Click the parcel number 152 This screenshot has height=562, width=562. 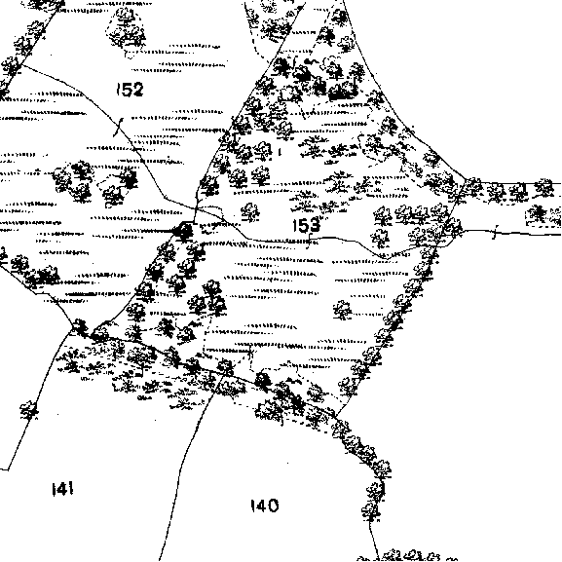click(x=130, y=89)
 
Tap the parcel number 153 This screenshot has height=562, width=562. click(x=307, y=225)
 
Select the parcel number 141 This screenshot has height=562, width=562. click(x=63, y=489)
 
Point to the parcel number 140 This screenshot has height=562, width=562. click(x=265, y=506)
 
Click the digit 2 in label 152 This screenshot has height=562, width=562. click(x=137, y=89)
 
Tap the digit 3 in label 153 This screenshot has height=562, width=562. click(x=315, y=225)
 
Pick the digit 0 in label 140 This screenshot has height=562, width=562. click(x=273, y=506)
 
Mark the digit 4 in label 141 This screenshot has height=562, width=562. click(x=63, y=489)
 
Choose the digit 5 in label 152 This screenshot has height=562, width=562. click(x=126, y=90)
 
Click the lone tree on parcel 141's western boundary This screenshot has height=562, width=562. click(x=29, y=410)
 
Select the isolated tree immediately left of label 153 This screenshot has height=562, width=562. click(x=249, y=211)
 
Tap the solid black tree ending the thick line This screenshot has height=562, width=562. click(x=184, y=231)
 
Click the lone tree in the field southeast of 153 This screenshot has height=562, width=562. click(x=342, y=310)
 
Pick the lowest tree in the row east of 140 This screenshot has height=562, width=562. click(x=371, y=510)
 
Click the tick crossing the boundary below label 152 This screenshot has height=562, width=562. click(x=118, y=127)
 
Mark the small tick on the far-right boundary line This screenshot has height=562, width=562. click(x=496, y=232)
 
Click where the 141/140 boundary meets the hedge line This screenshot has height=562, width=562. click(x=219, y=376)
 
